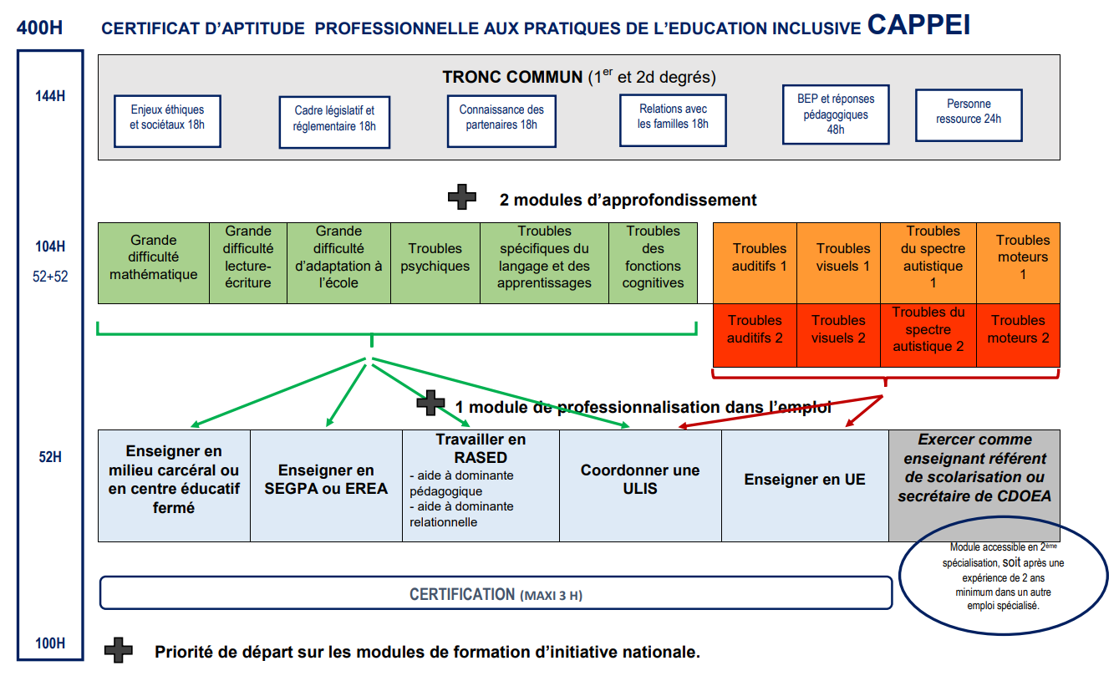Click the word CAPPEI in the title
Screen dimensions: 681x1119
(x=918, y=25)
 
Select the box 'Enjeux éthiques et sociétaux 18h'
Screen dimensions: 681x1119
(x=167, y=121)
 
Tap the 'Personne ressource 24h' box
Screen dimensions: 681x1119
(x=969, y=114)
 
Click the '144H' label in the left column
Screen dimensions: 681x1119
(x=50, y=96)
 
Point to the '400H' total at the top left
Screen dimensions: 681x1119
(x=39, y=27)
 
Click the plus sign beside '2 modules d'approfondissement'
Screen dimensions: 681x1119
(x=462, y=199)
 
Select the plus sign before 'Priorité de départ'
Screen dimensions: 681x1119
(x=119, y=651)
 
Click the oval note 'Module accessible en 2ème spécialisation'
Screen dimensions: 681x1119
(x=1003, y=577)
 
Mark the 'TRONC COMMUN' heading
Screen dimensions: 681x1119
(x=511, y=78)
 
